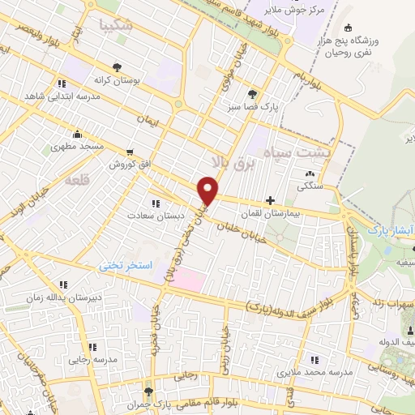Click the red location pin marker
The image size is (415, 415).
[x=208, y=190]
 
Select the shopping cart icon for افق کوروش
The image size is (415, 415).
[x=130, y=152]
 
